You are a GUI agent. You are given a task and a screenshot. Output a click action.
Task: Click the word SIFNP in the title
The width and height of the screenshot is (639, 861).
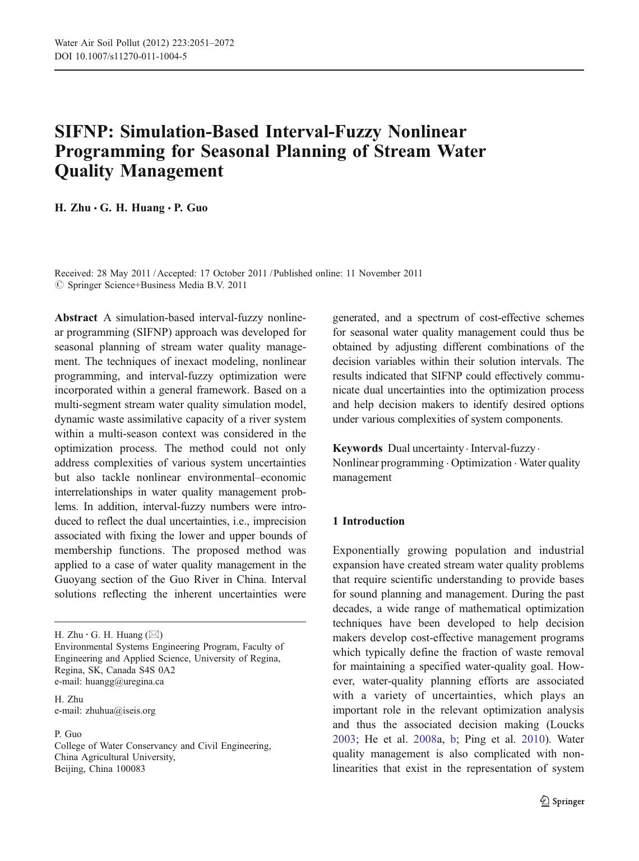pyautogui.click(x=84, y=132)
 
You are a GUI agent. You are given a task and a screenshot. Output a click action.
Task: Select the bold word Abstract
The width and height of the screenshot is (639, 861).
pyautogui.click(x=76, y=318)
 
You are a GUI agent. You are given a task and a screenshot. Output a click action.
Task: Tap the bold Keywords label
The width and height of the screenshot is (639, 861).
pyautogui.click(x=358, y=448)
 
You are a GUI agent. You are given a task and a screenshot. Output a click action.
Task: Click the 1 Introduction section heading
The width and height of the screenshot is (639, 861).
pyautogui.click(x=368, y=521)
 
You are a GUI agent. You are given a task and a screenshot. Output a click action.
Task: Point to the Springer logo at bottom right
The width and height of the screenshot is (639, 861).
pyautogui.click(x=562, y=801)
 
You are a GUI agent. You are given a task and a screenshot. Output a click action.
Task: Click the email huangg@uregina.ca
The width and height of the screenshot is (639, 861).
pyautogui.click(x=124, y=682)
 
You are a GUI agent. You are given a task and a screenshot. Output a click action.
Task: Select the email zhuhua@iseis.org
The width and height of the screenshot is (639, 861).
pyautogui.click(x=120, y=710)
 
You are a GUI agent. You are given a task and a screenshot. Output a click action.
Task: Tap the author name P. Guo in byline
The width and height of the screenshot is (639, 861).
pyautogui.click(x=191, y=208)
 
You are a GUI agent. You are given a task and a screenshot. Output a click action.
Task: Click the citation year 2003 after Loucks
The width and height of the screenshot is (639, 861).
pyautogui.click(x=344, y=739)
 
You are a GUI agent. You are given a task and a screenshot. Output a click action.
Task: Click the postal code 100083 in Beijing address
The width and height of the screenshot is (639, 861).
pyautogui.click(x=131, y=769)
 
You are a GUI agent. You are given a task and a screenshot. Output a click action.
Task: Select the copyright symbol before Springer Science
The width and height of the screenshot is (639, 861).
pyautogui.click(x=58, y=285)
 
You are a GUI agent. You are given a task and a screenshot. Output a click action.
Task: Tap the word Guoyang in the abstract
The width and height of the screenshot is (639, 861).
pyautogui.click(x=74, y=579)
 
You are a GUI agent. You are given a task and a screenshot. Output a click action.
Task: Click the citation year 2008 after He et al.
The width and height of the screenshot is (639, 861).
pyautogui.click(x=425, y=739)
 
